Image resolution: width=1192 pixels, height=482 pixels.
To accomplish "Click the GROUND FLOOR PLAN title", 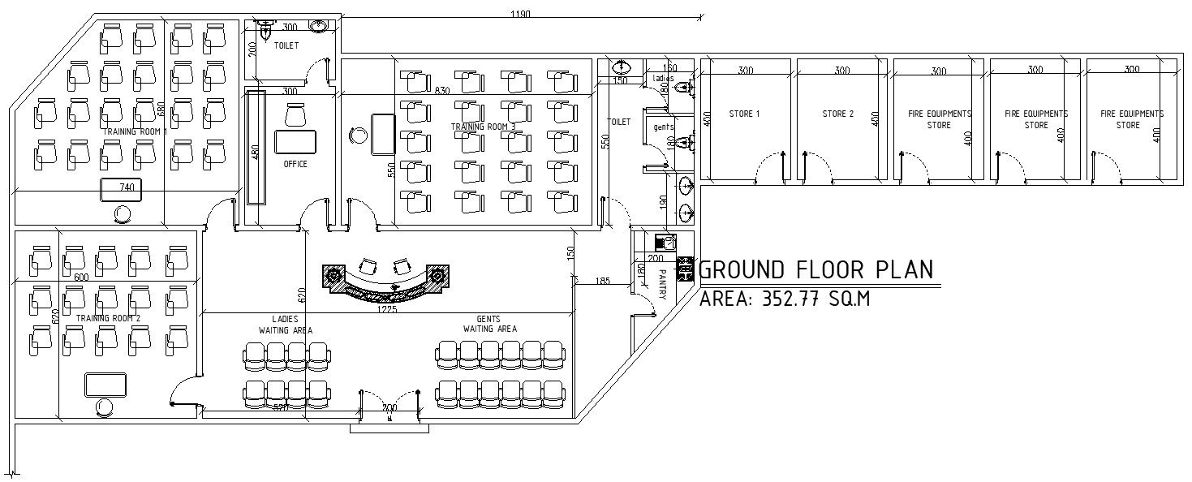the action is [x=816, y=269].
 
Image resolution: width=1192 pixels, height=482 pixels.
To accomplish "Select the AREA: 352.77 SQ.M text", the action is [x=785, y=299].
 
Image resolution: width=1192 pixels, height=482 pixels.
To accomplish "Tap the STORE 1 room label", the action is [x=744, y=114].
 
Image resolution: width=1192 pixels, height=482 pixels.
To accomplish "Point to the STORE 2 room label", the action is [x=837, y=114].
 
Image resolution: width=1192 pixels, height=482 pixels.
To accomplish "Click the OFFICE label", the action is [x=295, y=165].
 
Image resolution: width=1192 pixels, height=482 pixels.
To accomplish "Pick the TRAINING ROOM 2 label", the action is [x=108, y=319].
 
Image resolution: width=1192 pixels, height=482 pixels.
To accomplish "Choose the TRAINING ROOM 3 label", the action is [x=483, y=127].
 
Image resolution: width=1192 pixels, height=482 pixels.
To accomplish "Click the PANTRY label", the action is [x=663, y=285].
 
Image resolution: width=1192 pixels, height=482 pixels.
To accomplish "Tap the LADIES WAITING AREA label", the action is [x=285, y=325].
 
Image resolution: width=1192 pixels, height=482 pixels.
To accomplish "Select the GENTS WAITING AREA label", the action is [x=489, y=325].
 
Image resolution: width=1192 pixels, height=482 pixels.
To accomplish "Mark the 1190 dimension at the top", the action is [x=521, y=14].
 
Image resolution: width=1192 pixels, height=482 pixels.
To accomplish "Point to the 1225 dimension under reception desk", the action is [x=386, y=309].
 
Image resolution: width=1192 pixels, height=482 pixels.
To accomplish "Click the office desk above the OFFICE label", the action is [x=295, y=141].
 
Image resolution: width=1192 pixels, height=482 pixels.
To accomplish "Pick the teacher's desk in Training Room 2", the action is [x=105, y=385].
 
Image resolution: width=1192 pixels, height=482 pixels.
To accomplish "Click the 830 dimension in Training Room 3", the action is [x=442, y=91].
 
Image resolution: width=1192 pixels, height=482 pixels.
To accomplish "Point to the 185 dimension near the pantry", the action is [x=602, y=282].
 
